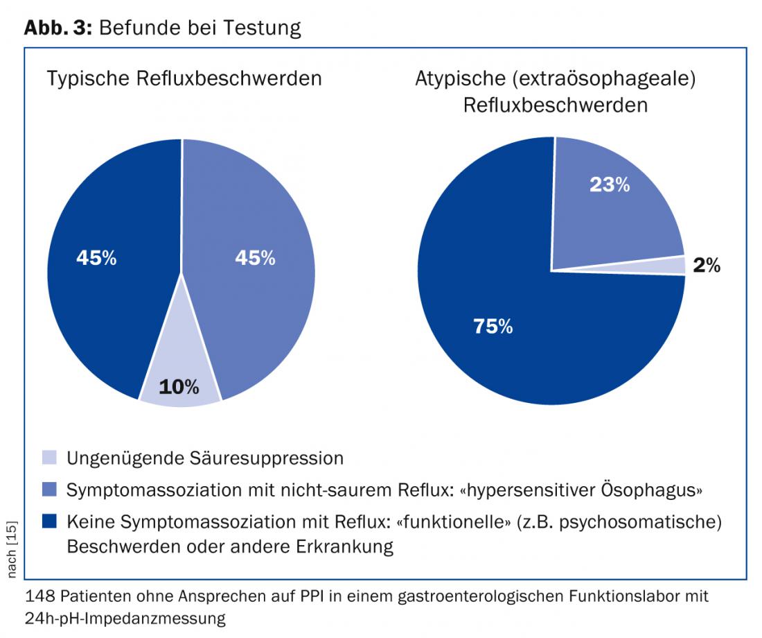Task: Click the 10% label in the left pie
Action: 179,386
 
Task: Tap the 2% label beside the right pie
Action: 707,265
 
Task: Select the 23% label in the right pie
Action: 610,184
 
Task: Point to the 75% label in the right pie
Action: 493,327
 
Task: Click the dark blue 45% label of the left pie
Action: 96,258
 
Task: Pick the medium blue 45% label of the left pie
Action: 255,258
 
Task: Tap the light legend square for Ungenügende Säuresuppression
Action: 49,458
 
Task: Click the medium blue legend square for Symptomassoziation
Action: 49,490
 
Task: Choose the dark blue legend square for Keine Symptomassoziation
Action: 49,521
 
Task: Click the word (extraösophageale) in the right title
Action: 604,78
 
